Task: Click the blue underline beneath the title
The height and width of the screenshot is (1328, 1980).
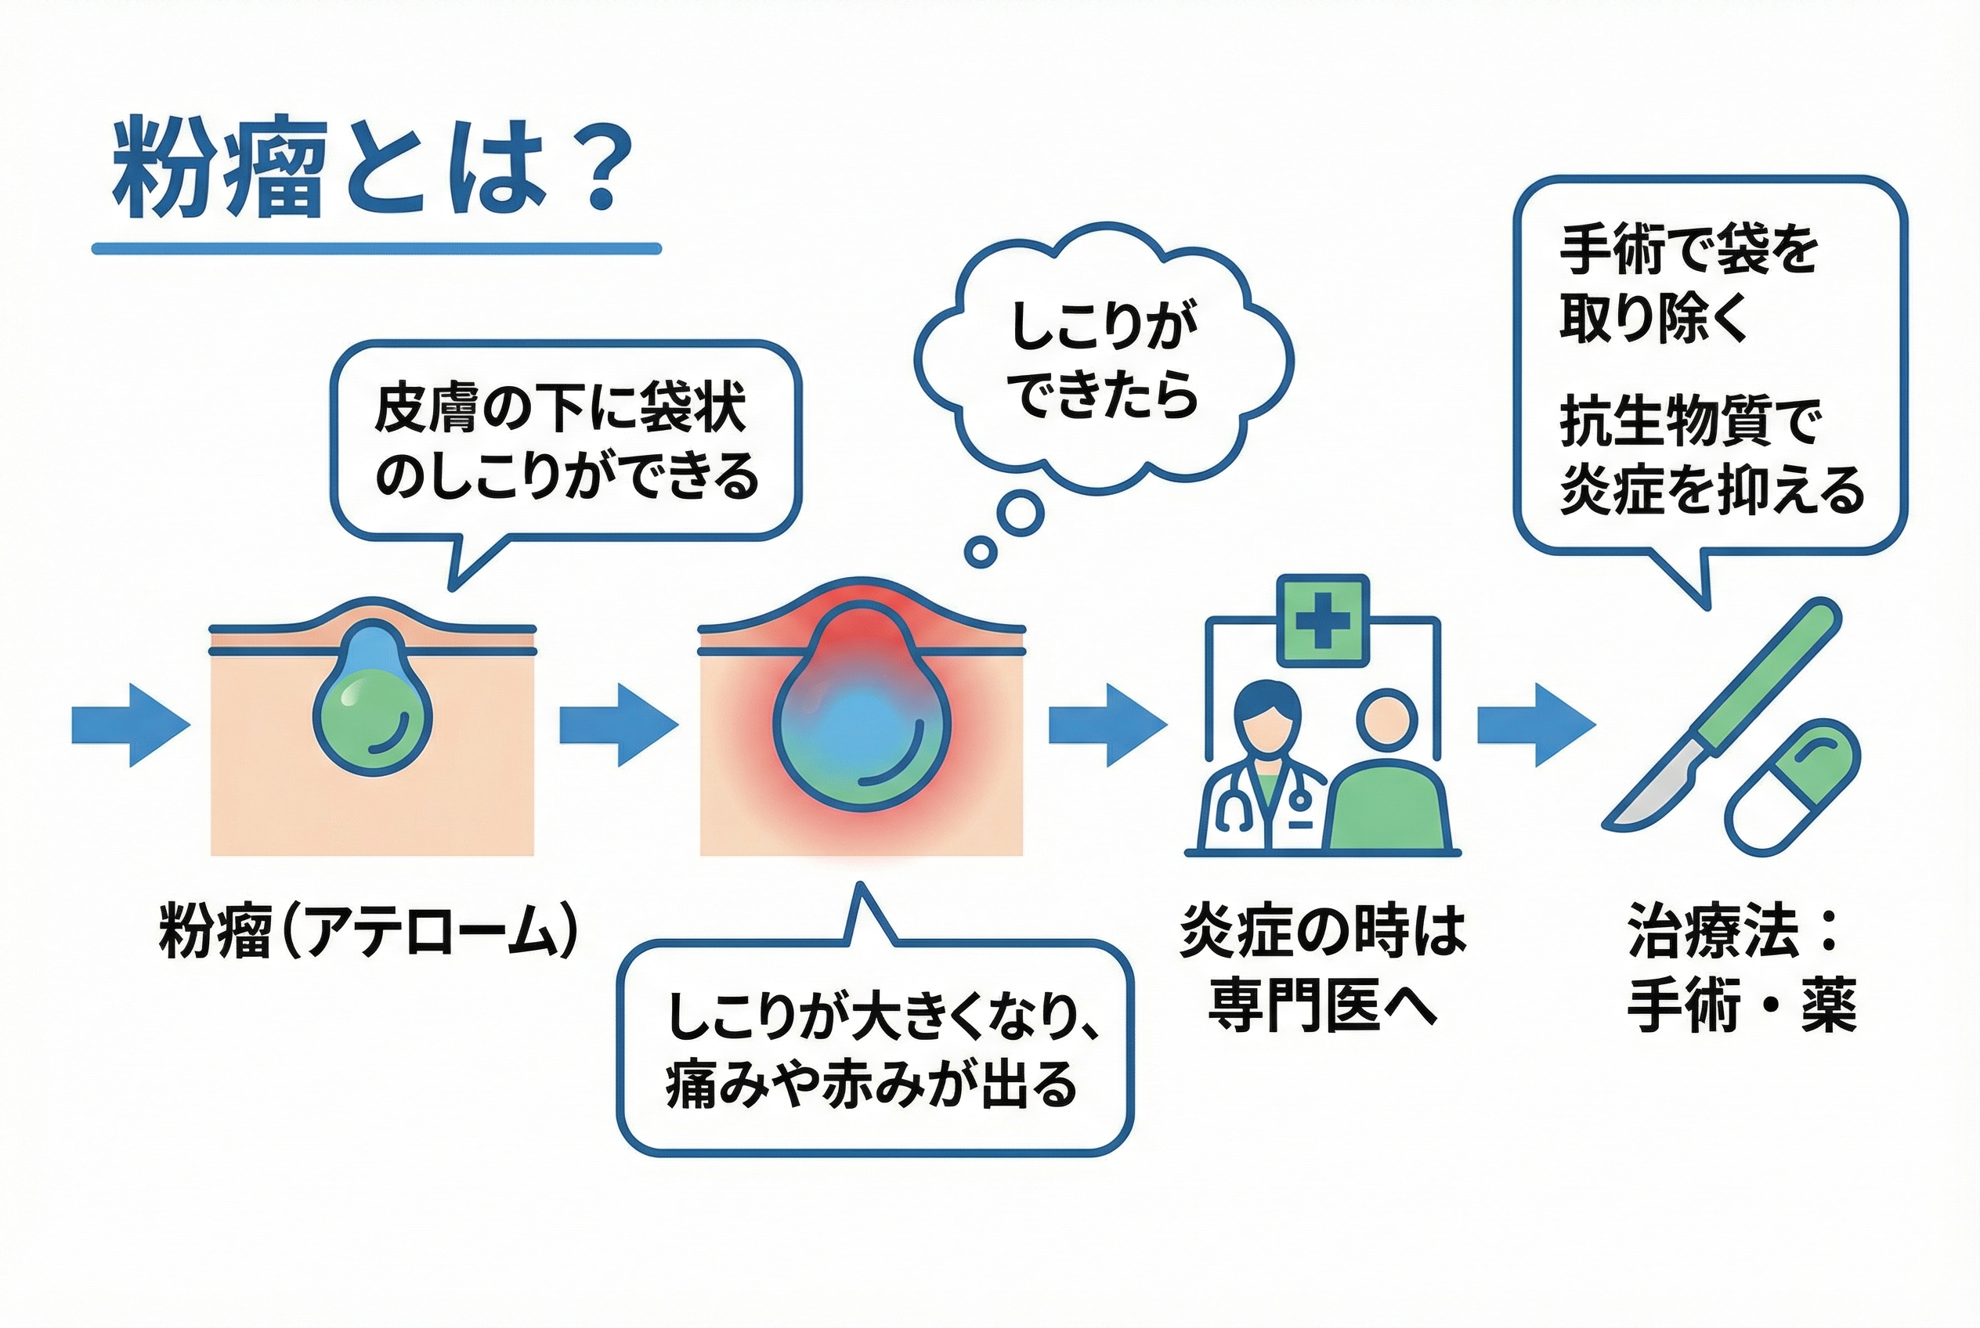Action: click(x=376, y=249)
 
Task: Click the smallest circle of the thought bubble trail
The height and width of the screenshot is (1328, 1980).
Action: click(x=981, y=552)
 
